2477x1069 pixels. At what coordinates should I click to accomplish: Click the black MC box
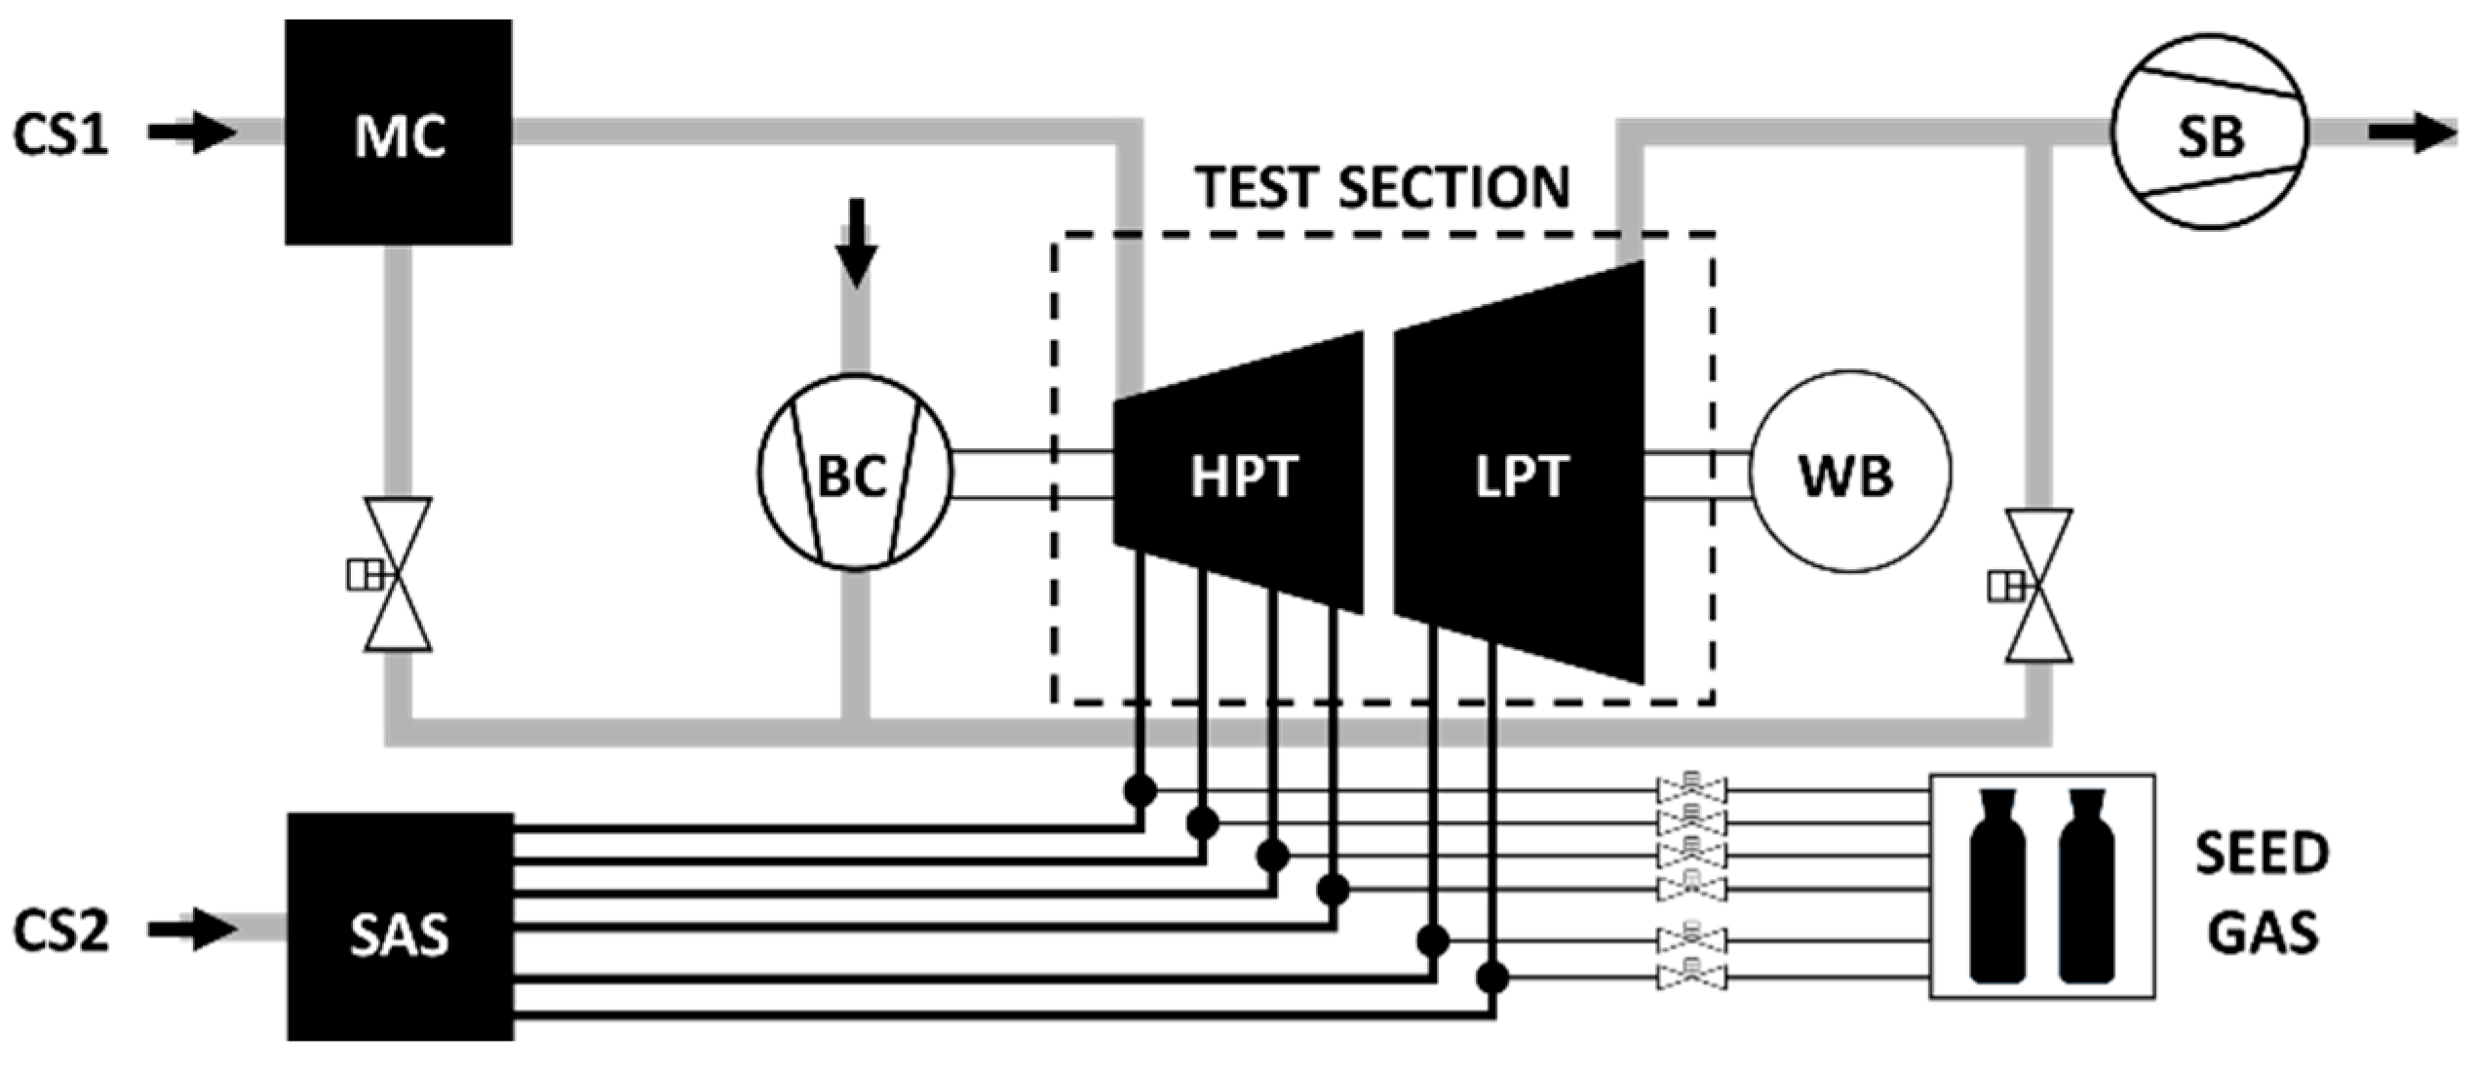(x=398, y=133)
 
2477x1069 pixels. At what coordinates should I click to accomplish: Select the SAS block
(x=400, y=927)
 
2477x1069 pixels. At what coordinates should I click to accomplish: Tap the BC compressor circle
(x=854, y=472)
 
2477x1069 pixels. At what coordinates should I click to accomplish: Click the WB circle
(x=1849, y=472)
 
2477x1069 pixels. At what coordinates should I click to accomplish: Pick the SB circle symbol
(x=2209, y=133)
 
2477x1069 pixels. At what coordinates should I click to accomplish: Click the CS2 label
(x=60, y=930)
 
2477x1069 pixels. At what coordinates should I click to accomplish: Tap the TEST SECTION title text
(x=1383, y=187)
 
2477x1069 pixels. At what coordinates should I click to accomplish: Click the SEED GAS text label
(x=2262, y=892)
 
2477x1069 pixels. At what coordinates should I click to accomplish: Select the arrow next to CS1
(x=193, y=133)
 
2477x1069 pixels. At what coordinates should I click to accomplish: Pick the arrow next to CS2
(x=193, y=930)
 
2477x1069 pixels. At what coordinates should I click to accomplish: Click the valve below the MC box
(x=398, y=574)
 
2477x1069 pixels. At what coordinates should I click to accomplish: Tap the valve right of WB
(x=2039, y=586)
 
